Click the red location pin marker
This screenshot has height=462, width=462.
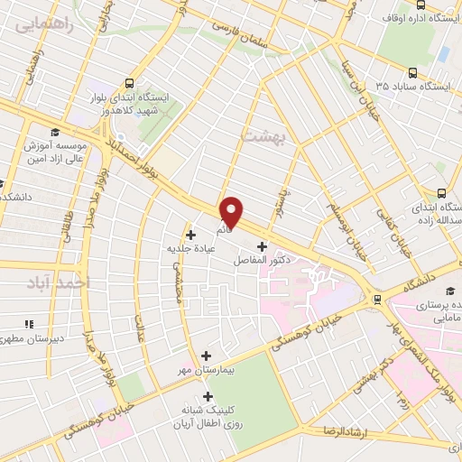[232, 212]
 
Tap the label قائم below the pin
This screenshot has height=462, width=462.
[225, 231]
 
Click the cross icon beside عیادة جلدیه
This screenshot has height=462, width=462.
[190, 235]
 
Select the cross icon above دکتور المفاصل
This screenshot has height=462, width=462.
[263, 246]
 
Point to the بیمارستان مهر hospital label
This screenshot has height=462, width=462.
[208, 371]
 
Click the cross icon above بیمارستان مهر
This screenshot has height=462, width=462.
[208, 356]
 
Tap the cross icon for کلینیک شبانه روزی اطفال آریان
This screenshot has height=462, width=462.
[208, 396]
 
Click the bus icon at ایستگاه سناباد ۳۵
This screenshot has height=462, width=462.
[412, 74]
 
